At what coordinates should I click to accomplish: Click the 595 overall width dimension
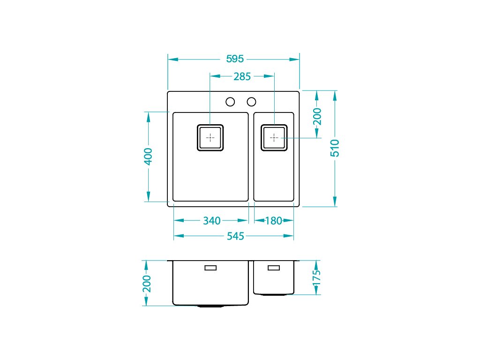click(x=235, y=59)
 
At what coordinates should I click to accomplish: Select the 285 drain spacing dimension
click(x=242, y=76)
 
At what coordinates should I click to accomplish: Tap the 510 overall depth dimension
click(x=335, y=148)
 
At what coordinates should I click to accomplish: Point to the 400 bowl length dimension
click(x=148, y=157)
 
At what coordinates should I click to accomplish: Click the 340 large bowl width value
click(x=211, y=220)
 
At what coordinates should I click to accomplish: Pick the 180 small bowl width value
click(x=273, y=220)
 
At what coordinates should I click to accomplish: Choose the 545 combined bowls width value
click(x=235, y=236)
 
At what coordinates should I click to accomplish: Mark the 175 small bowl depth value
click(x=316, y=277)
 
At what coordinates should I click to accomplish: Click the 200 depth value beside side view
click(x=147, y=284)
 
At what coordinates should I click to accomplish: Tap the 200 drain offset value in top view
click(x=317, y=116)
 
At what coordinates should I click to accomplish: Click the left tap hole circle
click(x=230, y=102)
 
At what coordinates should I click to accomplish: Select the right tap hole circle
click(x=251, y=102)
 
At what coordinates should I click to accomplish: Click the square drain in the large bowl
click(x=210, y=138)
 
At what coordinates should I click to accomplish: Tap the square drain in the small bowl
click(x=274, y=138)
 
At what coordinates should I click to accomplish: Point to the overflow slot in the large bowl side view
click(x=210, y=268)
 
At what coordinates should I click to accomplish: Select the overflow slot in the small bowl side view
click(x=274, y=268)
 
